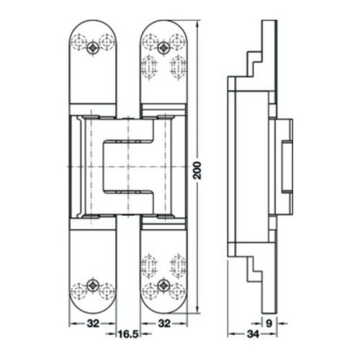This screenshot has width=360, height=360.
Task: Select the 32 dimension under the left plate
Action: tap(93, 323)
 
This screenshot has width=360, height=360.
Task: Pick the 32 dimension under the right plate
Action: tap(165, 323)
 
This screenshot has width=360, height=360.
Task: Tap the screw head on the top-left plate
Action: tap(93, 48)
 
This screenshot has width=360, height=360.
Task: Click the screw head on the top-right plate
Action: tap(165, 48)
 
